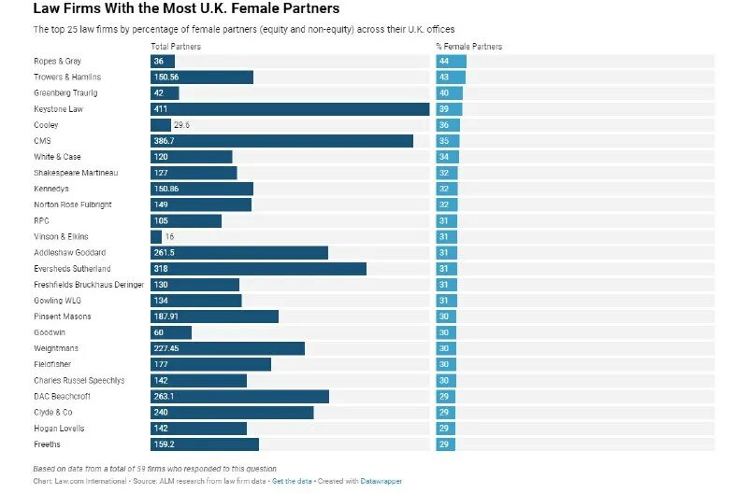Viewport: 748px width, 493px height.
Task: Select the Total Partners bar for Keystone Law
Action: point(290,109)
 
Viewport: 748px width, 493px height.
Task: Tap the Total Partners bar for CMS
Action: point(281,141)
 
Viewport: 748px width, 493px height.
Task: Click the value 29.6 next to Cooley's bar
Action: point(181,125)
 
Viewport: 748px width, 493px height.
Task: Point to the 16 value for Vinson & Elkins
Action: point(169,237)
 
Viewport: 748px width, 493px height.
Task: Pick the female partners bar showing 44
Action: point(451,62)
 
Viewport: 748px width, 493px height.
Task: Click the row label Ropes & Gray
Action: point(58,62)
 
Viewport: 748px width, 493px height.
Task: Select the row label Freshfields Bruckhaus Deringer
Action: point(89,285)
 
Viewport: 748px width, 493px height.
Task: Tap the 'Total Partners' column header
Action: point(173,47)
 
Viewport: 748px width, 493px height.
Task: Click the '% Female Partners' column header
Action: point(468,47)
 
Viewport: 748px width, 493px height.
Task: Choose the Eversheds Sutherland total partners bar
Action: point(258,269)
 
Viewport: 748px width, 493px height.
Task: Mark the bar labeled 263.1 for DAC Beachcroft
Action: point(239,397)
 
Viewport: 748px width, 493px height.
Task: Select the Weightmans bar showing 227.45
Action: point(227,348)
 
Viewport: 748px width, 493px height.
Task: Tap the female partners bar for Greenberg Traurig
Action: point(450,93)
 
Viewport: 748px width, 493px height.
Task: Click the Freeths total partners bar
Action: point(204,444)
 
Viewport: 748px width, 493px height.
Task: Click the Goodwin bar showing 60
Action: point(170,332)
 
